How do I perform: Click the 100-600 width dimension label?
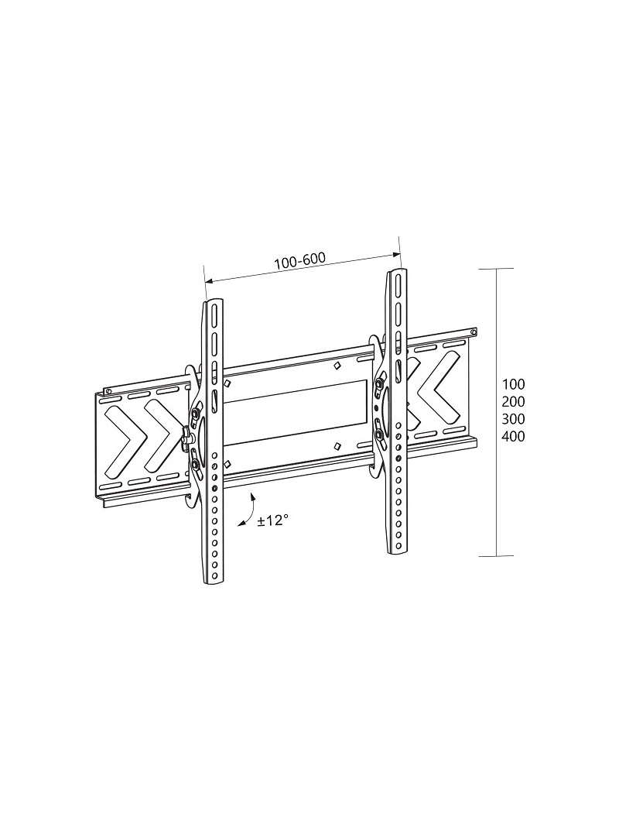(x=299, y=261)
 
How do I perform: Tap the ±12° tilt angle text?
(x=272, y=520)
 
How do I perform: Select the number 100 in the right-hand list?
(x=513, y=384)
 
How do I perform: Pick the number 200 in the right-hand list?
(x=513, y=402)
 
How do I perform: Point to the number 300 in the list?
(x=513, y=419)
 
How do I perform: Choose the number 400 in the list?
(x=513, y=436)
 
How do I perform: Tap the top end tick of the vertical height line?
(x=497, y=269)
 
